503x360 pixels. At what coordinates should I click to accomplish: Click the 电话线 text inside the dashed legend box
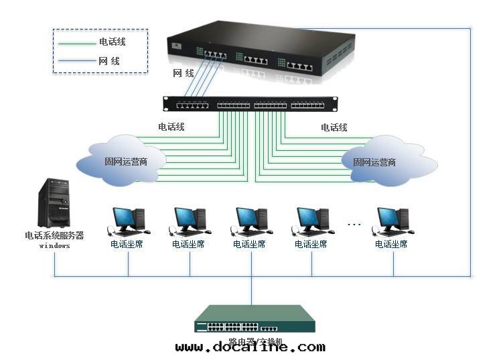click(x=112, y=42)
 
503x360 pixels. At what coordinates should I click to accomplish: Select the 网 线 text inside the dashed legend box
click(x=109, y=61)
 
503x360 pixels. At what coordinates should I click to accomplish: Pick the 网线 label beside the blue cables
click(x=183, y=72)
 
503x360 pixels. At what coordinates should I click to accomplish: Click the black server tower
click(x=54, y=202)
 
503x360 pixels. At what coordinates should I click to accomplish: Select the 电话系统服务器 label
click(x=54, y=235)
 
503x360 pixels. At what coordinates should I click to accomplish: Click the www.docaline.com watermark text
click(x=250, y=347)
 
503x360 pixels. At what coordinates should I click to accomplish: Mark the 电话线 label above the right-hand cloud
click(x=334, y=127)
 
